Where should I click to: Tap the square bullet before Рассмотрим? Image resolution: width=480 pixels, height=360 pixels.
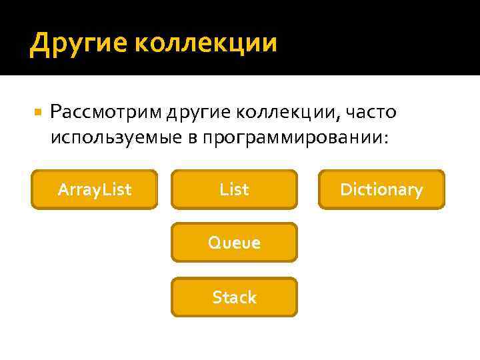(x=38, y=113)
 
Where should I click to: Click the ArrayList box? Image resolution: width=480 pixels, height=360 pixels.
(x=95, y=190)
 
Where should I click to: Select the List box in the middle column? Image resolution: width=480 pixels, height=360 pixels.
(x=234, y=190)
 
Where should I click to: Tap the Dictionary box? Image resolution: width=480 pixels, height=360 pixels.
(x=381, y=190)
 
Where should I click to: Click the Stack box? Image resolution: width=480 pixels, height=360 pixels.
(x=234, y=297)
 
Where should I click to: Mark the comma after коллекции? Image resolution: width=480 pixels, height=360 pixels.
(x=339, y=117)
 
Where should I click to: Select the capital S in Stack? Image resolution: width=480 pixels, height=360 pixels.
(x=216, y=297)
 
